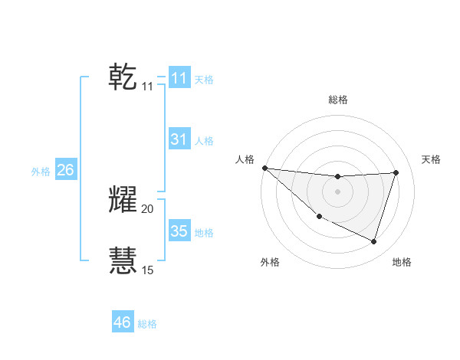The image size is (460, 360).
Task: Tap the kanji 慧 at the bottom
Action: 123,260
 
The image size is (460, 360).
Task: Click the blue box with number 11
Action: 179,78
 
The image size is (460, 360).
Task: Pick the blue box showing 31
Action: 179,139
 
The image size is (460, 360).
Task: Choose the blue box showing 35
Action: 179,231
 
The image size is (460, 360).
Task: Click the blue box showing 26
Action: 65,170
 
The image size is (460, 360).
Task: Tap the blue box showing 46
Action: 123,322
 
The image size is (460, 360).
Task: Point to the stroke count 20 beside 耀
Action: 148,208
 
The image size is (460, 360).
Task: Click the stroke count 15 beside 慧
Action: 148,270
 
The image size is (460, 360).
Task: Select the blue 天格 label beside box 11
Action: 204,80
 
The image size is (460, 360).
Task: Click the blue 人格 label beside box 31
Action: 204,141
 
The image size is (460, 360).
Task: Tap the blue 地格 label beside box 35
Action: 204,233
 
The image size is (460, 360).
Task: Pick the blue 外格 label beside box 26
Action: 41,172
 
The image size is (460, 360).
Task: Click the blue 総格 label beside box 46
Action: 147,324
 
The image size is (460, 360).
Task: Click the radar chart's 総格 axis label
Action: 337,100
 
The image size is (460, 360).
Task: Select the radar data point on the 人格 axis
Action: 264,168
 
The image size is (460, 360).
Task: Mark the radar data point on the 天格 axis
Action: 396,173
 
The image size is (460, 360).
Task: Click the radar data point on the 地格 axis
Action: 373,241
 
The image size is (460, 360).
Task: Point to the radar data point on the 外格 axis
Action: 319,216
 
